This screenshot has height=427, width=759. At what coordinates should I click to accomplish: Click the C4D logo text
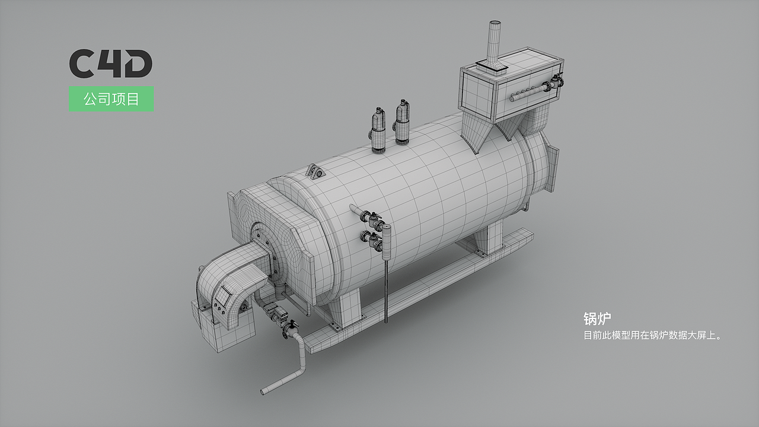pos(111,63)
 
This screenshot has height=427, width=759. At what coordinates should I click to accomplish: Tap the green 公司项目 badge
pos(111,99)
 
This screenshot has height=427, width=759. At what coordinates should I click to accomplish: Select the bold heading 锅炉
pos(597,319)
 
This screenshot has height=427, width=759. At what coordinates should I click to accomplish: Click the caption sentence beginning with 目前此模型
pos(652,336)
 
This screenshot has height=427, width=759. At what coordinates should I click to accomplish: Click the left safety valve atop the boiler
pos(378,130)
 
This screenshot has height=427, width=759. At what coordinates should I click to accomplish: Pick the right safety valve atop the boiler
pos(402,122)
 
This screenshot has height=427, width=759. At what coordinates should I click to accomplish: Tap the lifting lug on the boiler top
pos(316,171)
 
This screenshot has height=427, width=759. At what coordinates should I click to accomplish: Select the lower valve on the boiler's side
pos(372,239)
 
